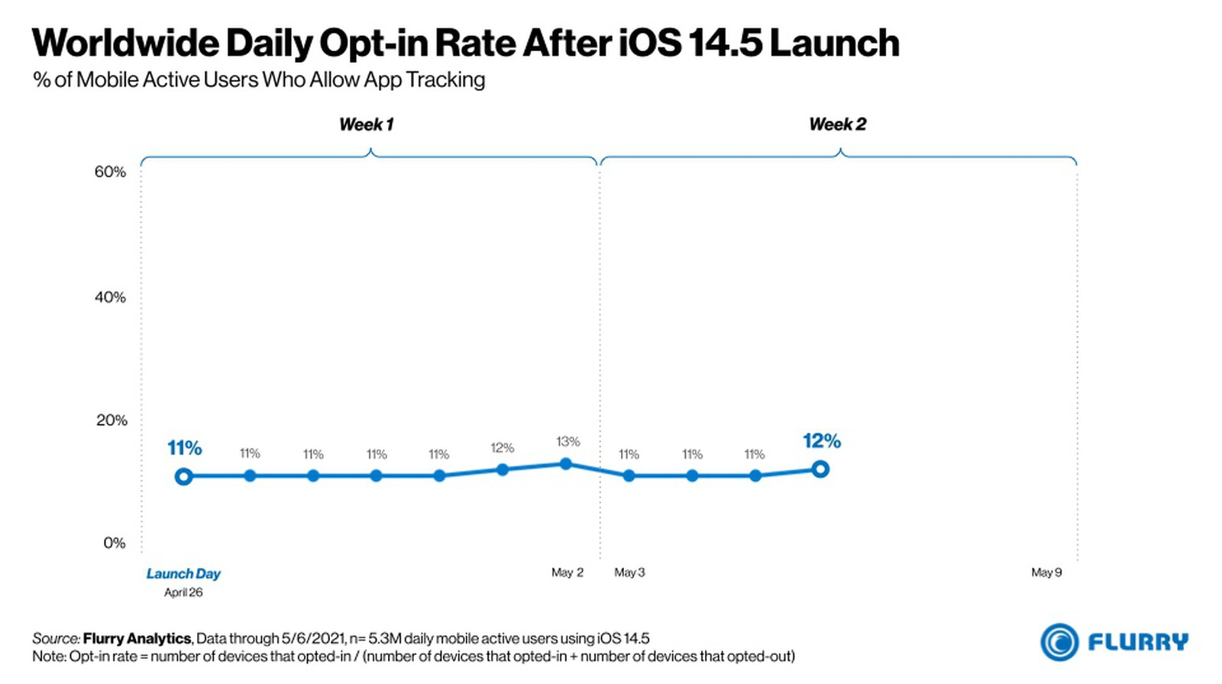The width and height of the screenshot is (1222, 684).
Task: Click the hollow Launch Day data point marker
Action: [x=183, y=477]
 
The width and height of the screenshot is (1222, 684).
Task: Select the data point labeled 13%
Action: [x=566, y=464]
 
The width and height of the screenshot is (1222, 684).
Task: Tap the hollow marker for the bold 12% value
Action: [x=820, y=469]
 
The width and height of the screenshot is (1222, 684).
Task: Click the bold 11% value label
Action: [x=185, y=448]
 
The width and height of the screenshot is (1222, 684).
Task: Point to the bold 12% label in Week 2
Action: [x=822, y=441]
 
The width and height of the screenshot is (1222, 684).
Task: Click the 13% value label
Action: [x=568, y=442]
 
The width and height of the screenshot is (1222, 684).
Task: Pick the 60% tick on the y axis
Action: [x=110, y=172]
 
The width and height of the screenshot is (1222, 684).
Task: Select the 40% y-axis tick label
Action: [x=110, y=297]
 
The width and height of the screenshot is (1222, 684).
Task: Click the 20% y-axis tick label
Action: [x=112, y=420]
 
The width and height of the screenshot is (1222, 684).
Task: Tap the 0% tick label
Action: [x=115, y=543]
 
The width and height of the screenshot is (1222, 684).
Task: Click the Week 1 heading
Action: [x=367, y=125]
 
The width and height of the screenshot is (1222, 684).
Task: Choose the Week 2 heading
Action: [x=838, y=125]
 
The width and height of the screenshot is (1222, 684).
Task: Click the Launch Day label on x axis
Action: [x=183, y=574]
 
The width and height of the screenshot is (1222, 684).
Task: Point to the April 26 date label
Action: [x=183, y=592]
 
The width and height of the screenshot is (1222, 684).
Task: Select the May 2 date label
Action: [x=567, y=572]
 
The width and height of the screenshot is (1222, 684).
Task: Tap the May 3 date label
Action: [x=629, y=572]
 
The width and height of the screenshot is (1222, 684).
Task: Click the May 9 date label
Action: [x=1046, y=572]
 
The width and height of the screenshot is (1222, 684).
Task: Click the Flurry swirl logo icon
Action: [x=1059, y=642]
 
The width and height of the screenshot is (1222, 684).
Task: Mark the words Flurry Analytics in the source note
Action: [x=137, y=638]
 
